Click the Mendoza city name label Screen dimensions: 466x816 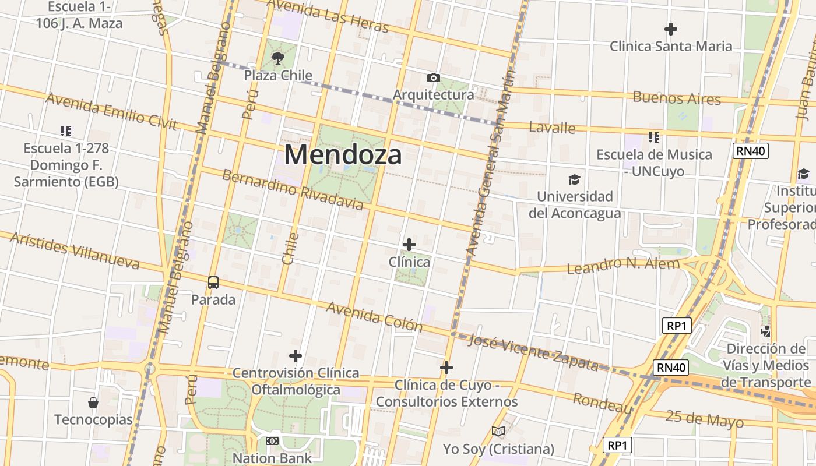tap(343, 155)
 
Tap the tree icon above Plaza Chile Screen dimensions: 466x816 tap(278, 58)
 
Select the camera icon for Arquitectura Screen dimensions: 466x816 tap(433, 77)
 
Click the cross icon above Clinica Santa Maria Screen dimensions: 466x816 tap(671, 29)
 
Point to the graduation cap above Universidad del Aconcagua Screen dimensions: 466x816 tap(575, 179)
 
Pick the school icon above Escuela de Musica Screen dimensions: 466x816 tap(654, 137)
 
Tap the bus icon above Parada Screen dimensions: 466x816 tap(213, 283)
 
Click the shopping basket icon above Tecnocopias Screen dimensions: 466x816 tap(93, 403)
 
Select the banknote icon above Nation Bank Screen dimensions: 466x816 tap(272, 441)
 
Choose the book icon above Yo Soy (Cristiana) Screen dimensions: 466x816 tap(498, 432)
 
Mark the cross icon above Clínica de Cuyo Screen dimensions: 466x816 tap(446, 368)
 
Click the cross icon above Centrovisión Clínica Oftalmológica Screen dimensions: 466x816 tap(296, 355)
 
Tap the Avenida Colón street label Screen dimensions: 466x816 tap(374, 316)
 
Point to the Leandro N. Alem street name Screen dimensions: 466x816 tap(623, 266)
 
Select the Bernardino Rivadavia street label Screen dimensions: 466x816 tap(293, 190)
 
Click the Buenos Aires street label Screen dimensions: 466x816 tap(677, 98)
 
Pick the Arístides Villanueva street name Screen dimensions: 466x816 tap(75, 250)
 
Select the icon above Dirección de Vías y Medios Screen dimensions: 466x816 tap(765, 331)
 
